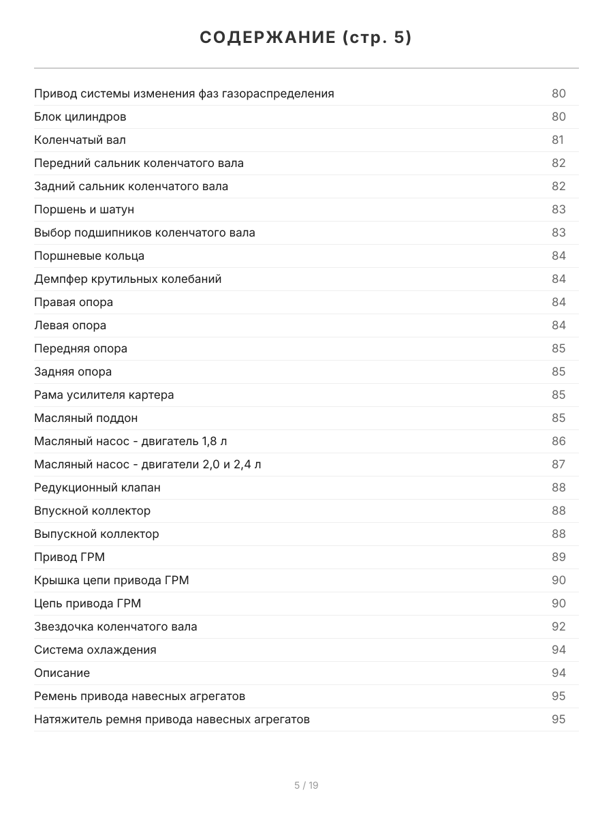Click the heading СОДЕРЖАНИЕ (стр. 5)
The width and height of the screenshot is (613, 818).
[x=306, y=38]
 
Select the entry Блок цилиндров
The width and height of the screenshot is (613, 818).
[x=80, y=117]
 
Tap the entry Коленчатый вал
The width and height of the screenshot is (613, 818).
[x=80, y=140]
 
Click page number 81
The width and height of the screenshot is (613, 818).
[x=558, y=140]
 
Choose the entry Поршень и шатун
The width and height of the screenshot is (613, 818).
[x=84, y=209]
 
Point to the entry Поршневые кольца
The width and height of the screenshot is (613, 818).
[x=89, y=256]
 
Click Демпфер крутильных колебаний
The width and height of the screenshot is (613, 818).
[x=128, y=279]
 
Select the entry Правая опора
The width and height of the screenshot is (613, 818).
[x=74, y=302]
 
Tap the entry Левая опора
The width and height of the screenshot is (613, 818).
[x=70, y=325]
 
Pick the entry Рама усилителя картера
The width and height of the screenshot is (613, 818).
[x=104, y=395]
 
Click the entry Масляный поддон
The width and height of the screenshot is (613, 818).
[x=86, y=418]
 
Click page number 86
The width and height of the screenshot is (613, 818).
[x=559, y=441]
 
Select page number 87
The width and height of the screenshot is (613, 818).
[x=559, y=464]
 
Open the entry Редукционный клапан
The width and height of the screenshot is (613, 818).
[x=97, y=487]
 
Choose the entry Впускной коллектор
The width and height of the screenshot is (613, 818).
[x=93, y=511]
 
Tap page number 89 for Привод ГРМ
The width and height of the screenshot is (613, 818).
[x=559, y=557]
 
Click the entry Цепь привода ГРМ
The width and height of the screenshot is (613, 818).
[x=88, y=603]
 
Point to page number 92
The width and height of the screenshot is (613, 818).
[x=559, y=626]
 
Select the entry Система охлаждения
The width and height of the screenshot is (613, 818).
[x=95, y=650]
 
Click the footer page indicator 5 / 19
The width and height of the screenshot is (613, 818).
[x=306, y=785]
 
